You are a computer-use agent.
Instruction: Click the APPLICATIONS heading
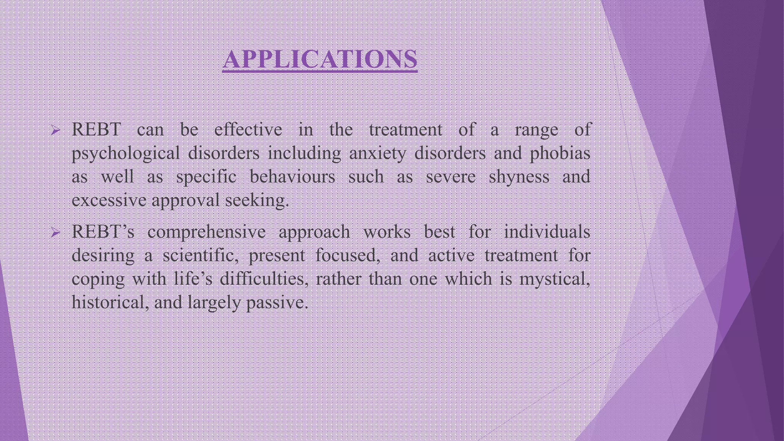coord(320,59)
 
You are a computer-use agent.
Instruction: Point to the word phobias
coord(560,154)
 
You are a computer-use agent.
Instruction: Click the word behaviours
coord(292,177)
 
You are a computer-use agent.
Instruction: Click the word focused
coord(347,255)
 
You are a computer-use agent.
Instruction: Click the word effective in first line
coord(248,130)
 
